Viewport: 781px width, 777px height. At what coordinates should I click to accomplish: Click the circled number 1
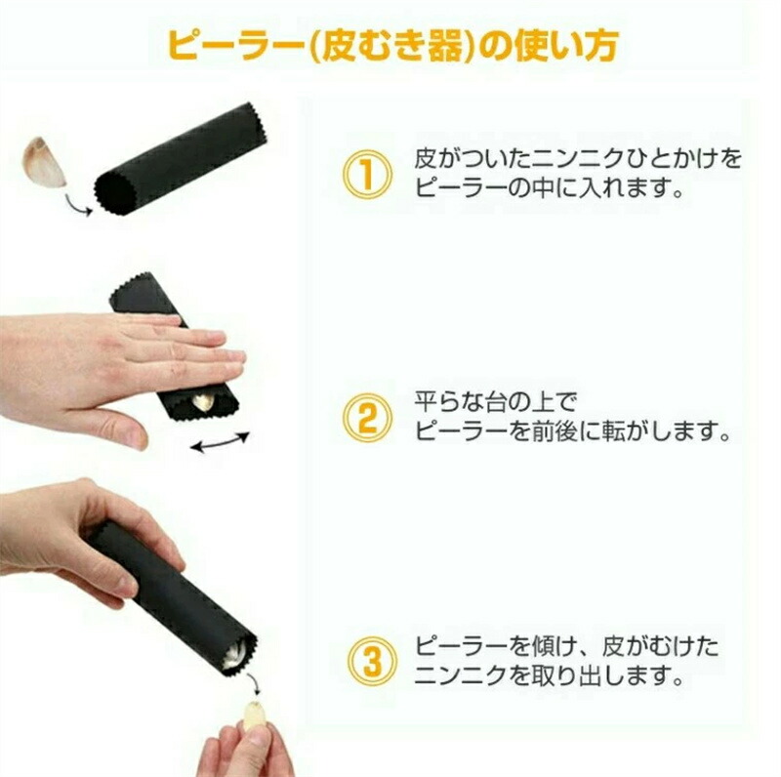pyautogui.click(x=368, y=174)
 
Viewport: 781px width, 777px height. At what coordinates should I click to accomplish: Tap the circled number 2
pyautogui.click(x=368, y=418)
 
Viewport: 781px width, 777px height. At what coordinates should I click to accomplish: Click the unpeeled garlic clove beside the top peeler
pyautogui.click(x=45, y=162)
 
